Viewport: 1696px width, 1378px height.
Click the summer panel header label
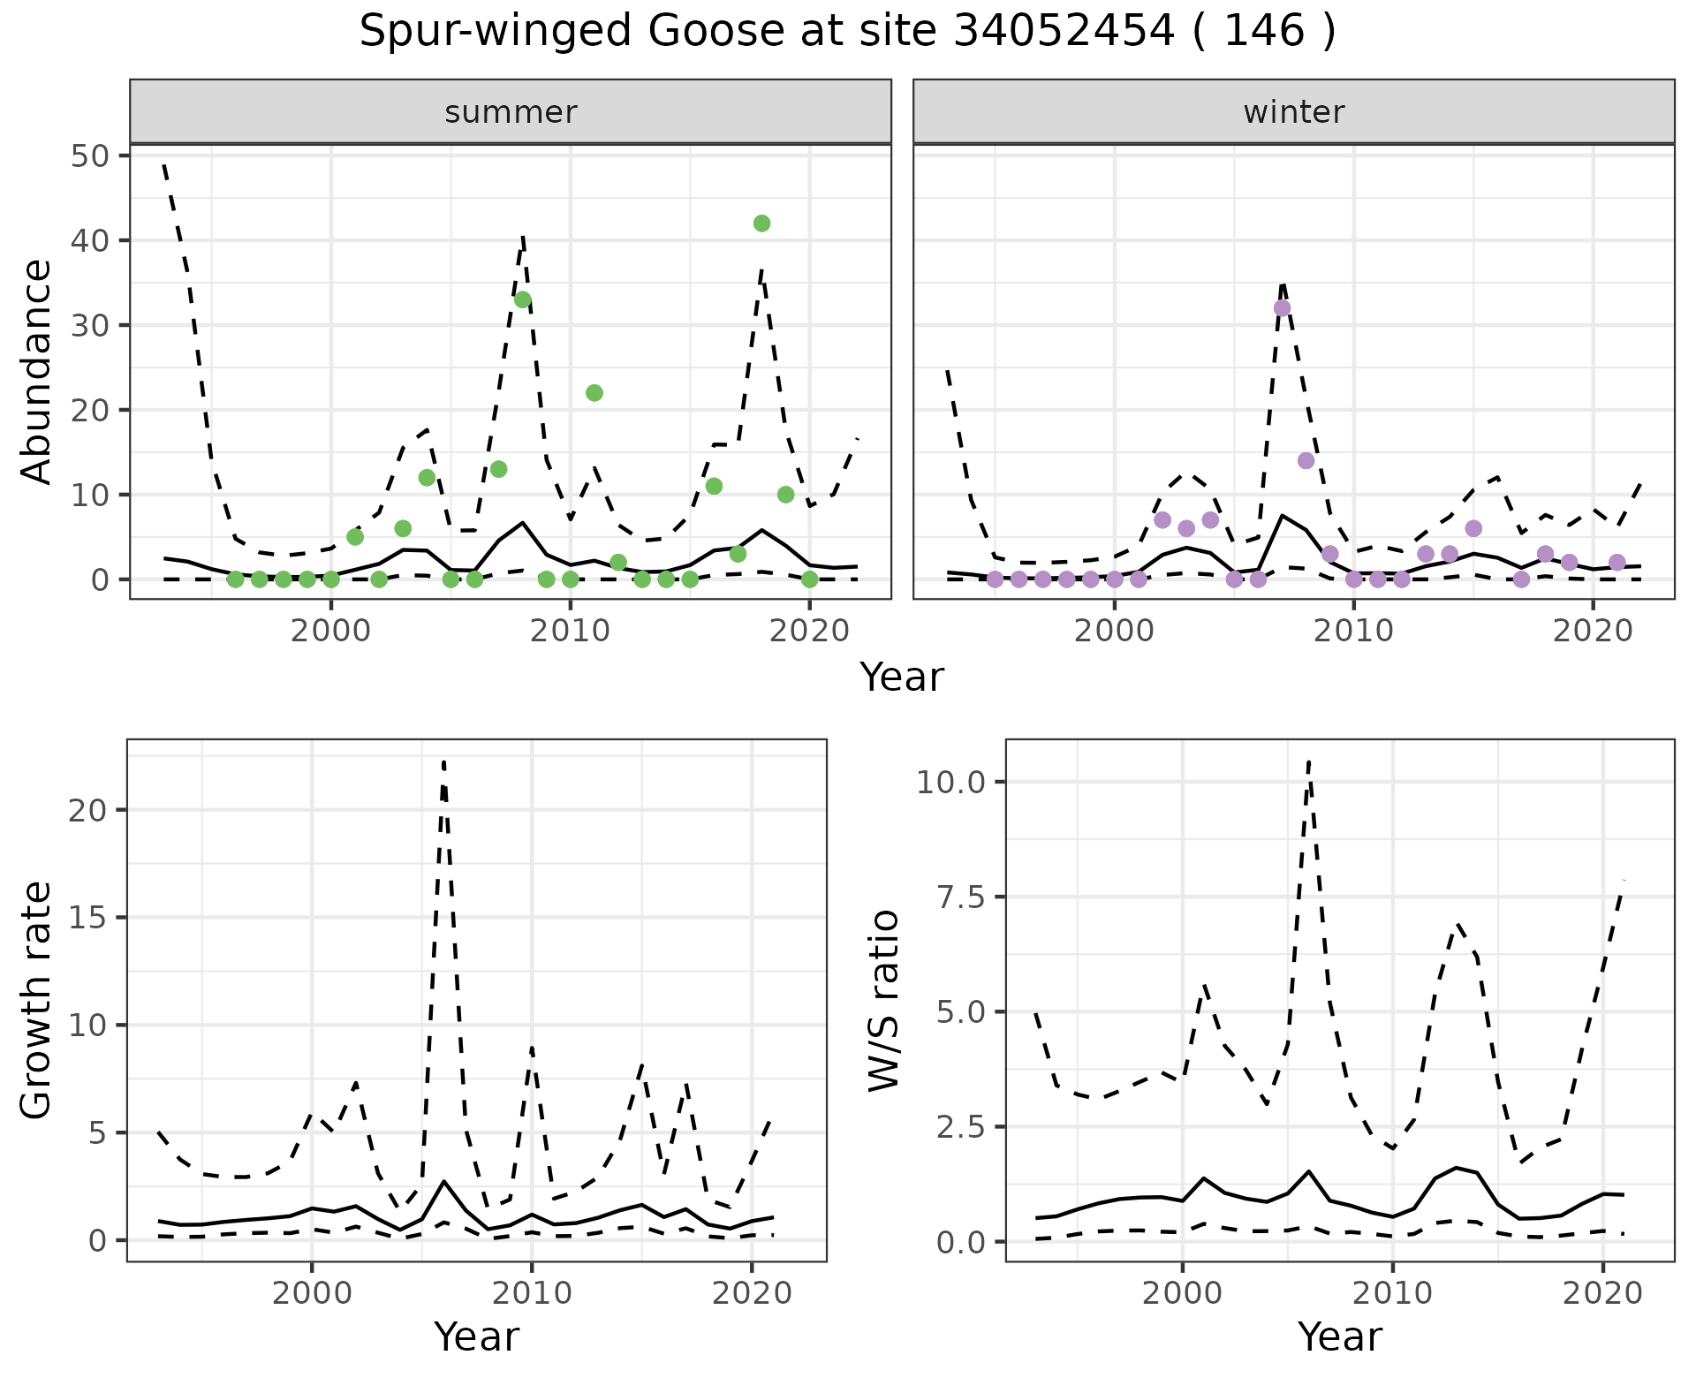click(x=511, y=112)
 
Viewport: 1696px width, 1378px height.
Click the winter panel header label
click(x=1293, y=112)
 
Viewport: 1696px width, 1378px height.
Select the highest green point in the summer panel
click(x=761, y=223)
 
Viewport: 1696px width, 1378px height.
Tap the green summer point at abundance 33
click(x=523, y=299)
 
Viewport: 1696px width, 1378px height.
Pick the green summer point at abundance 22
click(x=594, y=393)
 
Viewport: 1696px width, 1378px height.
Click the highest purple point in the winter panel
click(x=1282, y=308)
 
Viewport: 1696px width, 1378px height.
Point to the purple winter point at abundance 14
click(x=1306, y=460)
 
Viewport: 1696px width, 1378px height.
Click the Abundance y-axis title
click(x=37, y=371)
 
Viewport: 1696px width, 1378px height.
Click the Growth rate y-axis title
click(x=37, y=1000)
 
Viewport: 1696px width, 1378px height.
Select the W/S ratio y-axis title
click(x=883, y=1000)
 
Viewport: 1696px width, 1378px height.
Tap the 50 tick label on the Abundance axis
click(x=88, y=156)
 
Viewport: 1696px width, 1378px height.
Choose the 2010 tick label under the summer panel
click(x=571, y=632)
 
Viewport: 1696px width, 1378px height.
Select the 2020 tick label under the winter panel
click(x=1592, y=632)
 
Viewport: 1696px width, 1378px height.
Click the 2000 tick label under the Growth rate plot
click(x=311, y=1293)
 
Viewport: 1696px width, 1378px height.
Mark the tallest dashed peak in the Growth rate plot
click(x=443, y=761)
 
